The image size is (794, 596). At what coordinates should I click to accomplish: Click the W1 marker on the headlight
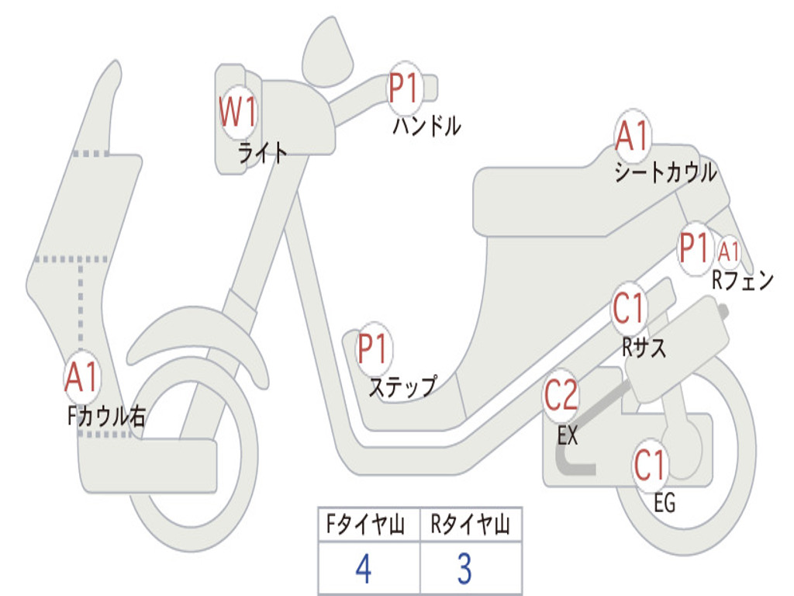[237, 113]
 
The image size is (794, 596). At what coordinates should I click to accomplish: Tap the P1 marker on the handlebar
[404, 88]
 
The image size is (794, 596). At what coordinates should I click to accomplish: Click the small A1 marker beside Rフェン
[729, 251]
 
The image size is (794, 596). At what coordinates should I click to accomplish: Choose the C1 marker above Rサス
[629, 309]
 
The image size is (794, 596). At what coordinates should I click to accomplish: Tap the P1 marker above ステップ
[374, 348]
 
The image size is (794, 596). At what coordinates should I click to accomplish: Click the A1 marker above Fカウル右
[81, 378]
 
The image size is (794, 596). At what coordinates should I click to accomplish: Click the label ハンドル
[426, 126]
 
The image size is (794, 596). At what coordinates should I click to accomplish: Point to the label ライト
[263, 153]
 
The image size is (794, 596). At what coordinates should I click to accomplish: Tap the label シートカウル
[665, 173]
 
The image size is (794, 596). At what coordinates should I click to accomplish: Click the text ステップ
[402, 386]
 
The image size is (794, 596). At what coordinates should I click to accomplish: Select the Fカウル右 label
[107, 417]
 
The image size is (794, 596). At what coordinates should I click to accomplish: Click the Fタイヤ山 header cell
[368, 526]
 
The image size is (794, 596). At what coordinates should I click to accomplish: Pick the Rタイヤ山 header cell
[471, 526]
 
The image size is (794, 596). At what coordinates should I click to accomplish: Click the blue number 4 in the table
[363, 570]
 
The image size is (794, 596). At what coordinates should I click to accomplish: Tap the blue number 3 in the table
[464, 570]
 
